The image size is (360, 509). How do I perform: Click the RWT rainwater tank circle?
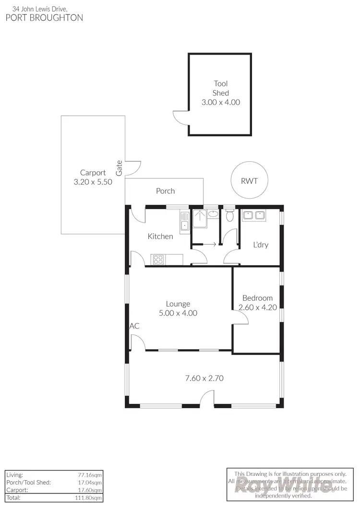coord(249,181)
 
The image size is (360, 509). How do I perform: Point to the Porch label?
coord(165,191)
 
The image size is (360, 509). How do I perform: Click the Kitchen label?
coord(160,236)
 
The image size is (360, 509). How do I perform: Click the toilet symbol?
coord(229,215)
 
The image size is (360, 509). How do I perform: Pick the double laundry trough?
coord(254,215)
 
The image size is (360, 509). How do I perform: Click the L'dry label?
coord(261,245)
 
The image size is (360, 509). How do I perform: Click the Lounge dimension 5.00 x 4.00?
coord(178,313)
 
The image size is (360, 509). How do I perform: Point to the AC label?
coord(134,326)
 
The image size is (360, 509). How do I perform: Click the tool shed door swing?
coord(180,117)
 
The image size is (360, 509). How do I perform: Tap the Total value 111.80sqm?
coord(91,498)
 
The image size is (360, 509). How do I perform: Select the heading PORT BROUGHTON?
coord(44,18)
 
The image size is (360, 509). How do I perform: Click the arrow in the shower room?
coord(209,244)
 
